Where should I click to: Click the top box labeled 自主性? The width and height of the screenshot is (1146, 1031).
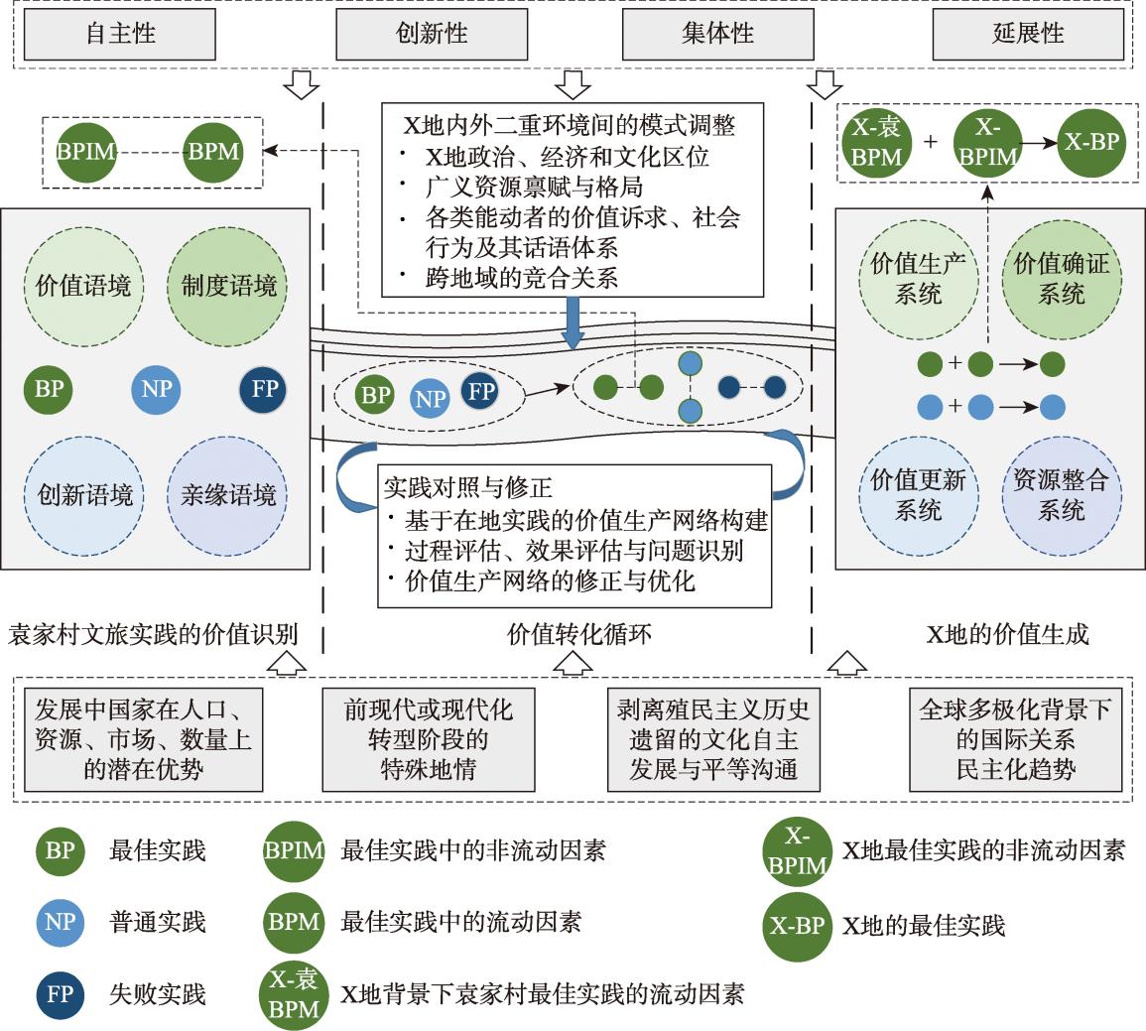[x=119, y=34]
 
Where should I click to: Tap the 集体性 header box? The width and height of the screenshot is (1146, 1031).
[x=716, y=34]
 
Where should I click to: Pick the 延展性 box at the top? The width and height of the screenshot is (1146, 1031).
[x=1027, y=34]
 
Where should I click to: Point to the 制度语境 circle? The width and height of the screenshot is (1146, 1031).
[x=228, y=288]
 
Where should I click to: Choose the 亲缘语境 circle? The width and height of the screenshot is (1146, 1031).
[x=228, y=494]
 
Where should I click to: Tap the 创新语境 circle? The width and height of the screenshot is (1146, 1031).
[x=84, y=494]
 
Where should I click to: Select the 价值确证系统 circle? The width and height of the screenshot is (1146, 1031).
[x=1061, y=279]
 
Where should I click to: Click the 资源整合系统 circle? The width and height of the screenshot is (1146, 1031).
[x=1061, y=495]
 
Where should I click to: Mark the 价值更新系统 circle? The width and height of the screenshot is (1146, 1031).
[x=918, y=495]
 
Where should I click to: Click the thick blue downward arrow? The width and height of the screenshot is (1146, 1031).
[x=573, y=325]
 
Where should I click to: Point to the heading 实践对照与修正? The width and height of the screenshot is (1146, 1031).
[x=468, y=488]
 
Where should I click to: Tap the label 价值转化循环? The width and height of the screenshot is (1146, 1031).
[x=579, y=634]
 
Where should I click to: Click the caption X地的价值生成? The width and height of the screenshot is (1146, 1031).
[x=1007, y=634]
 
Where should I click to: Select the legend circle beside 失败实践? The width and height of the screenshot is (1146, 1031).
[x=60, y=993]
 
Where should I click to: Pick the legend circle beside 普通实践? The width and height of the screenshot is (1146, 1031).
[x=60, y=922]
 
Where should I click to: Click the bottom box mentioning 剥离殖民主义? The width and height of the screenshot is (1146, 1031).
[x=712, y=739]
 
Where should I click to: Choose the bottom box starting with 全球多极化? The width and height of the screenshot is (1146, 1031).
[x=1015, y=739]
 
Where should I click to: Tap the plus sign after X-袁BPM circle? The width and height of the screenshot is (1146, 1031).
[x=930, y=142]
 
